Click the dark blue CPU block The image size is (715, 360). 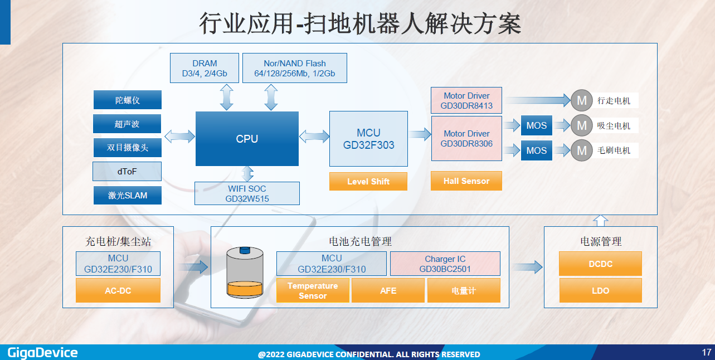247,139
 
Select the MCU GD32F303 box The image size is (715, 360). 368,139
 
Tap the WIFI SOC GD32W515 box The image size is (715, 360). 247,193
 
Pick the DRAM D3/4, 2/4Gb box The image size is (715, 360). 205,68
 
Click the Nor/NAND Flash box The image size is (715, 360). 295,68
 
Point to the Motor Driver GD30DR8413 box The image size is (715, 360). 466,100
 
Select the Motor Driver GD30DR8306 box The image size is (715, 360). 466,139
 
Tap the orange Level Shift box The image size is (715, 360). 368,181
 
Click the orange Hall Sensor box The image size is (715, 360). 466,181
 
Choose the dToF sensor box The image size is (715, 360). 127,172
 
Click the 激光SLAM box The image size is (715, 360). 128,195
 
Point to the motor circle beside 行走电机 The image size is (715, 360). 582,100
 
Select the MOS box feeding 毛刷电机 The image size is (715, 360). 537,150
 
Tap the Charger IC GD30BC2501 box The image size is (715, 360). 445,264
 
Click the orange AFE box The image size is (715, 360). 388,290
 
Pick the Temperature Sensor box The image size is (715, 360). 313,290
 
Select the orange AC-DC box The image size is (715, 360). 118,290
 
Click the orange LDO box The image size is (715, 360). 600,290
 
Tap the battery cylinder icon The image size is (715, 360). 245,273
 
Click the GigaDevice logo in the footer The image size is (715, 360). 42,353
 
